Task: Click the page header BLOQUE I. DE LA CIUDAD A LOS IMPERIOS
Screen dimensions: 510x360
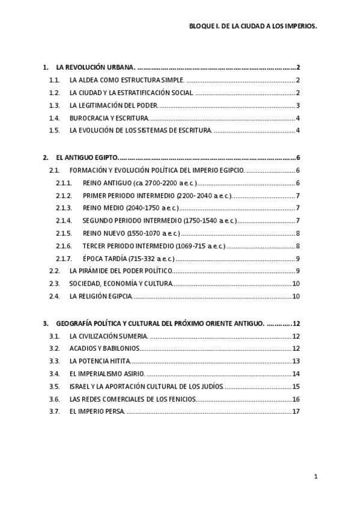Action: pos(253,27)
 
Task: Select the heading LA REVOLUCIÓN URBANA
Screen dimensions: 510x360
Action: pos(96,67)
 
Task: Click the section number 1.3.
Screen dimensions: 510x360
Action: pos(55,105)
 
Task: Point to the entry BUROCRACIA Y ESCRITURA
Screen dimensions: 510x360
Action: pos(109,118)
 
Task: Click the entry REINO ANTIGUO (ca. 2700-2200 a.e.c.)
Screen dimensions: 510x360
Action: pos(139,183)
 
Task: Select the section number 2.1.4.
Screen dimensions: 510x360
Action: pos(64,221)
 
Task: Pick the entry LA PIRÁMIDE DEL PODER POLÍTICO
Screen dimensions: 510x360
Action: pos(121,271)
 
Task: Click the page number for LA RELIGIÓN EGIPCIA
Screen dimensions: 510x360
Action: pos(296,296)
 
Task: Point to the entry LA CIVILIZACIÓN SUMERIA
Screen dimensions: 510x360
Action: pos(109,336)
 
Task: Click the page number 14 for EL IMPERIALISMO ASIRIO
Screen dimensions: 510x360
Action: pos(296,373)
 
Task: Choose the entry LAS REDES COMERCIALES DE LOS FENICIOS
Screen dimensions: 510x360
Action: pos(133,399)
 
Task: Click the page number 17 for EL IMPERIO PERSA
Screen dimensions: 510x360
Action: pos(296,411)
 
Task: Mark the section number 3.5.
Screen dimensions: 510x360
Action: pos(55,386)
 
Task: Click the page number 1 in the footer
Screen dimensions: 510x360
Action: pos(315,477)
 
